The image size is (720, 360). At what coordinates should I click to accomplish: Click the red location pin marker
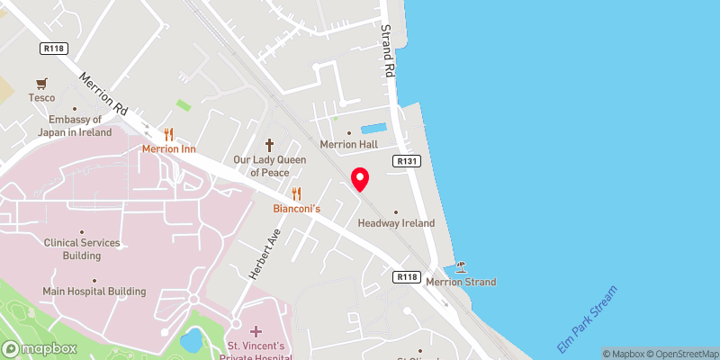(360, 179)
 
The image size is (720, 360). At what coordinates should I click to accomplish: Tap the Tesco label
(41, 98)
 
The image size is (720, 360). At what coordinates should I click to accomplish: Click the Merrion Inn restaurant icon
(168, 134)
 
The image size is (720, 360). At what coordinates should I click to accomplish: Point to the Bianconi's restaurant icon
(296, 193)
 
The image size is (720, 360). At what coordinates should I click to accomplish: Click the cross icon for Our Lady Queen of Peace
(269, 145)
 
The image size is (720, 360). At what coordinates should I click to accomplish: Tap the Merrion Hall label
(348, 144)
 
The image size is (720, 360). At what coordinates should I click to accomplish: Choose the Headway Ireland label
(396, 222)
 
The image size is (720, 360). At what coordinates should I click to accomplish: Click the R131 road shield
(404, 160)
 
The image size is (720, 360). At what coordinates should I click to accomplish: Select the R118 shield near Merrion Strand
(408, 278)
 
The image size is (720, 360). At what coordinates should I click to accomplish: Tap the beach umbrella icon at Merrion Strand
(462, 266)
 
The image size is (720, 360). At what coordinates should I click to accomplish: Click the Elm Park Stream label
(589, 320)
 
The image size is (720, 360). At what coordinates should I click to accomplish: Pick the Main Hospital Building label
(94, 292)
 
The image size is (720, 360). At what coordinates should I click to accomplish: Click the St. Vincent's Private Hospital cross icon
(256, 332)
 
